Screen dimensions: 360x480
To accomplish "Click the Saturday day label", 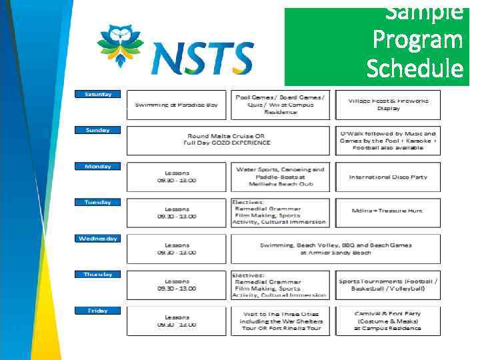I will (x=97, y=94).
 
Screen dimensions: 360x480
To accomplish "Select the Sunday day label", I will (x=97, y=130).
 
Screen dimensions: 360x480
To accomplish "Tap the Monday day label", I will (x=97, y=166).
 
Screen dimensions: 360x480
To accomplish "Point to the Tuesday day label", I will (x=97, y=202).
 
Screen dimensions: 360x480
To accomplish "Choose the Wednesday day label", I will (x=97, y=238).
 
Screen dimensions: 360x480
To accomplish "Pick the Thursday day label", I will (x=97, y=274).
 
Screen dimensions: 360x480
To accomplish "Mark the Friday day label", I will (x=97, y=310).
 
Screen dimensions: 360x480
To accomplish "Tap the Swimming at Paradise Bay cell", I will (x=176, y=105).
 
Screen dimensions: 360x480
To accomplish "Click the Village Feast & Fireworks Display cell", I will (x=388, y=105).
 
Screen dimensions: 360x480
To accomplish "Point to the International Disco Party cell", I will (x=388, y=177).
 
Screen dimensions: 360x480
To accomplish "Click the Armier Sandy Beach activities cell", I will (x=335, y=249).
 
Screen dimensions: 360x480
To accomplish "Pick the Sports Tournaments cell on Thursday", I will (x=388, y=285).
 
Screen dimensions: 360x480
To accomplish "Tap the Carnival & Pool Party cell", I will (x=388, y=321).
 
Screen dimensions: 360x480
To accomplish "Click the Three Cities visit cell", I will (x=280, y=321).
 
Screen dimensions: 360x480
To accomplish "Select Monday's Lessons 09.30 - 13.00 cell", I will (x=176, y=177).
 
